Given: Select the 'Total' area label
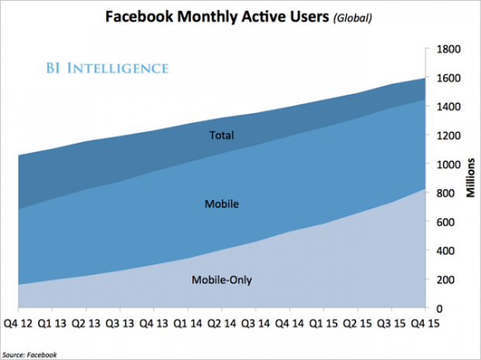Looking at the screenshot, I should click(x=221, y=136).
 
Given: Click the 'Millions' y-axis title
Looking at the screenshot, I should click(x=470, y=178).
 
